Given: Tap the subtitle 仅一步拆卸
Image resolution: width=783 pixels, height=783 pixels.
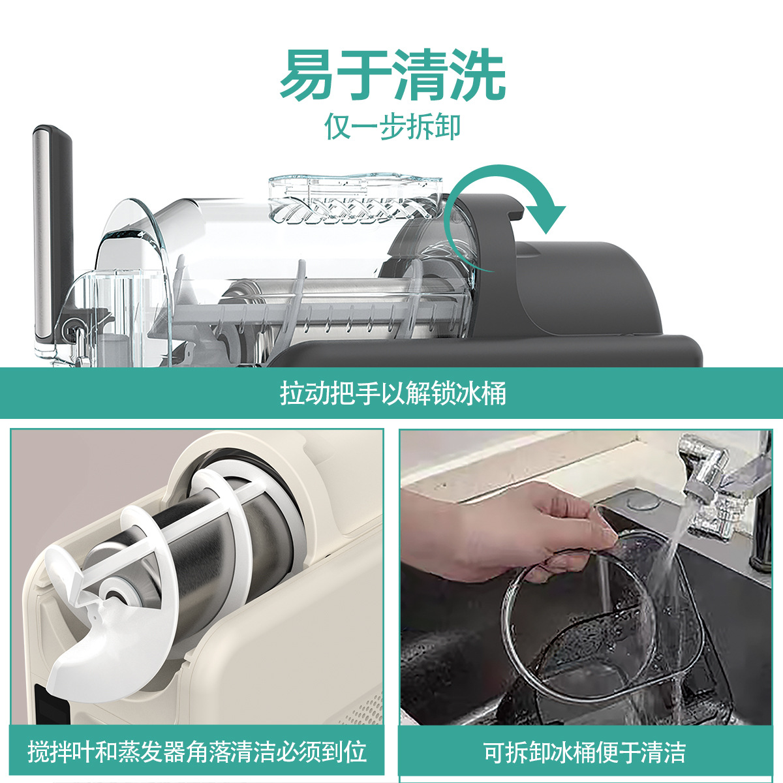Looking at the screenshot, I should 392,127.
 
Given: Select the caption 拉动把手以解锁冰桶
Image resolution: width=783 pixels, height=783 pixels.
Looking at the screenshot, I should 392,393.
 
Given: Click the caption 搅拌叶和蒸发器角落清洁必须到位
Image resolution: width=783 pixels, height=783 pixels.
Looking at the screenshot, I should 196,752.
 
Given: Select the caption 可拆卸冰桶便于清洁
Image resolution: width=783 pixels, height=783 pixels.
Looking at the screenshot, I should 585,752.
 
